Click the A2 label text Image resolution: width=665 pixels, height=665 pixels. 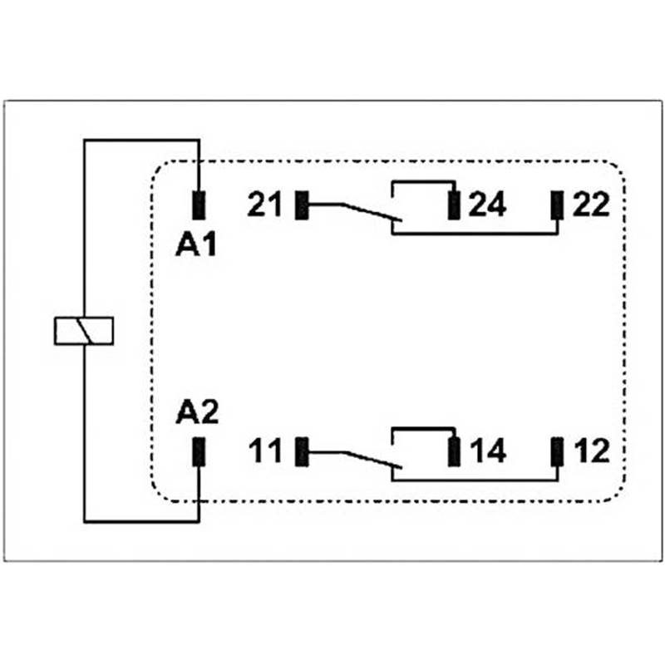[197, 412]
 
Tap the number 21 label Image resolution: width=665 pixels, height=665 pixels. [265, 204]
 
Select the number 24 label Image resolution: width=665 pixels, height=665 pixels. [487, 204]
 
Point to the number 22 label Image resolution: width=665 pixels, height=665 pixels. [591, 204]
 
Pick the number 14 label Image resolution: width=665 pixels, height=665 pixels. [487, 452]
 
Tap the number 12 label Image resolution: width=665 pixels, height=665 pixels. [591, 452]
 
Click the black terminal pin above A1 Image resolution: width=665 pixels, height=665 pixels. [199, 204]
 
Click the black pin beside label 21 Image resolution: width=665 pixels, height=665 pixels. [303, 204]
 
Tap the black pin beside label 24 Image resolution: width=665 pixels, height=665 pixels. [454, 204]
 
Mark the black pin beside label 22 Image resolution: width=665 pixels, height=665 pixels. [557, 204]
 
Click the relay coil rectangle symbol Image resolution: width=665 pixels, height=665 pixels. [83, 330]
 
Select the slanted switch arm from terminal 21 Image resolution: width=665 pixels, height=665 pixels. [366, 212]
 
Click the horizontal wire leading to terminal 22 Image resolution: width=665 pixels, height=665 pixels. [474, 234]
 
